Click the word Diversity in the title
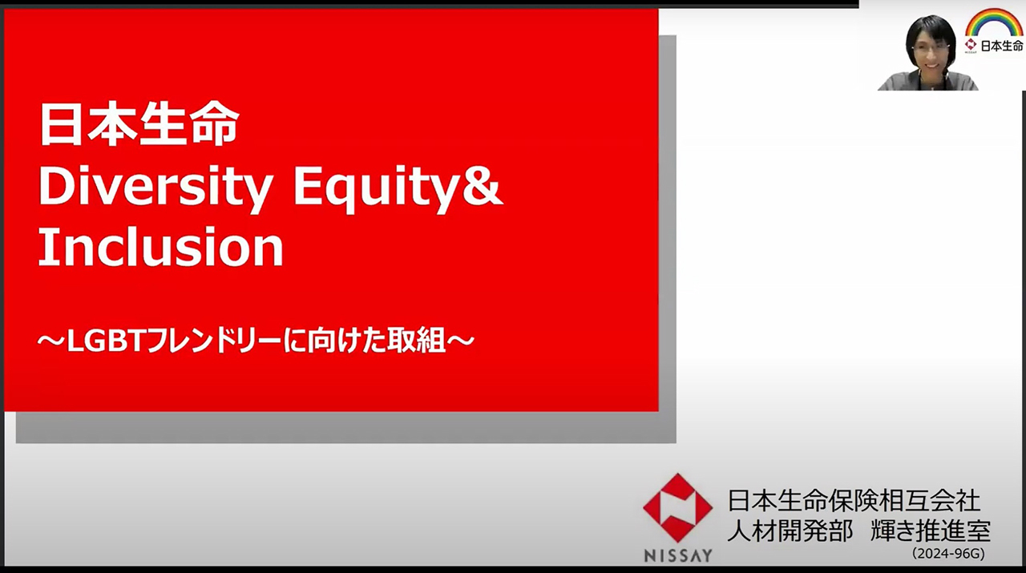point(156,188)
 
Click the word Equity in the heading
point(377,188)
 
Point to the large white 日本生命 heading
point(139,123)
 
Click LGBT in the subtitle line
point(107,341)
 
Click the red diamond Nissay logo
point(677,508)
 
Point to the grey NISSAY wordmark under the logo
point(678,555)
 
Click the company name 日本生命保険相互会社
point(854,500)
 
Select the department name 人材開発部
point(790,531)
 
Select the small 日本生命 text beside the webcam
point(1002,46)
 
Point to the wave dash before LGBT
point(52,341)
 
